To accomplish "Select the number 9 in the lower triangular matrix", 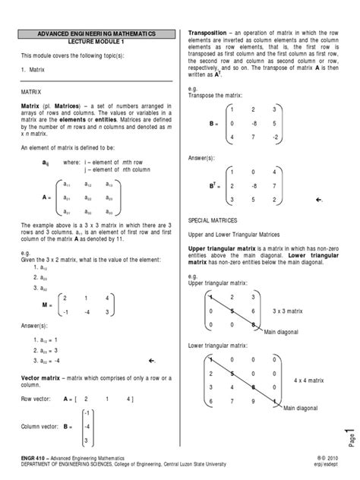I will point(262,403).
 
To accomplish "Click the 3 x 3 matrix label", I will point(288,289).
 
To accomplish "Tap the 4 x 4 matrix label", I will point(308,378).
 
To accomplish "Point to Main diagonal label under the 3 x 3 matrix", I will point(281,310).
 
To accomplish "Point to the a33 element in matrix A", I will point(109,212).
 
